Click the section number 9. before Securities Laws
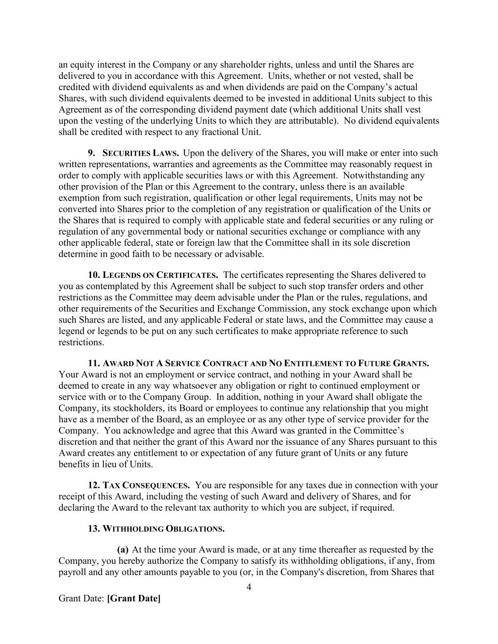click(x=92, y=153)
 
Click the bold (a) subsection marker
click(x=123, y=549)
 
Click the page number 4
click(x=249, y=587)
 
